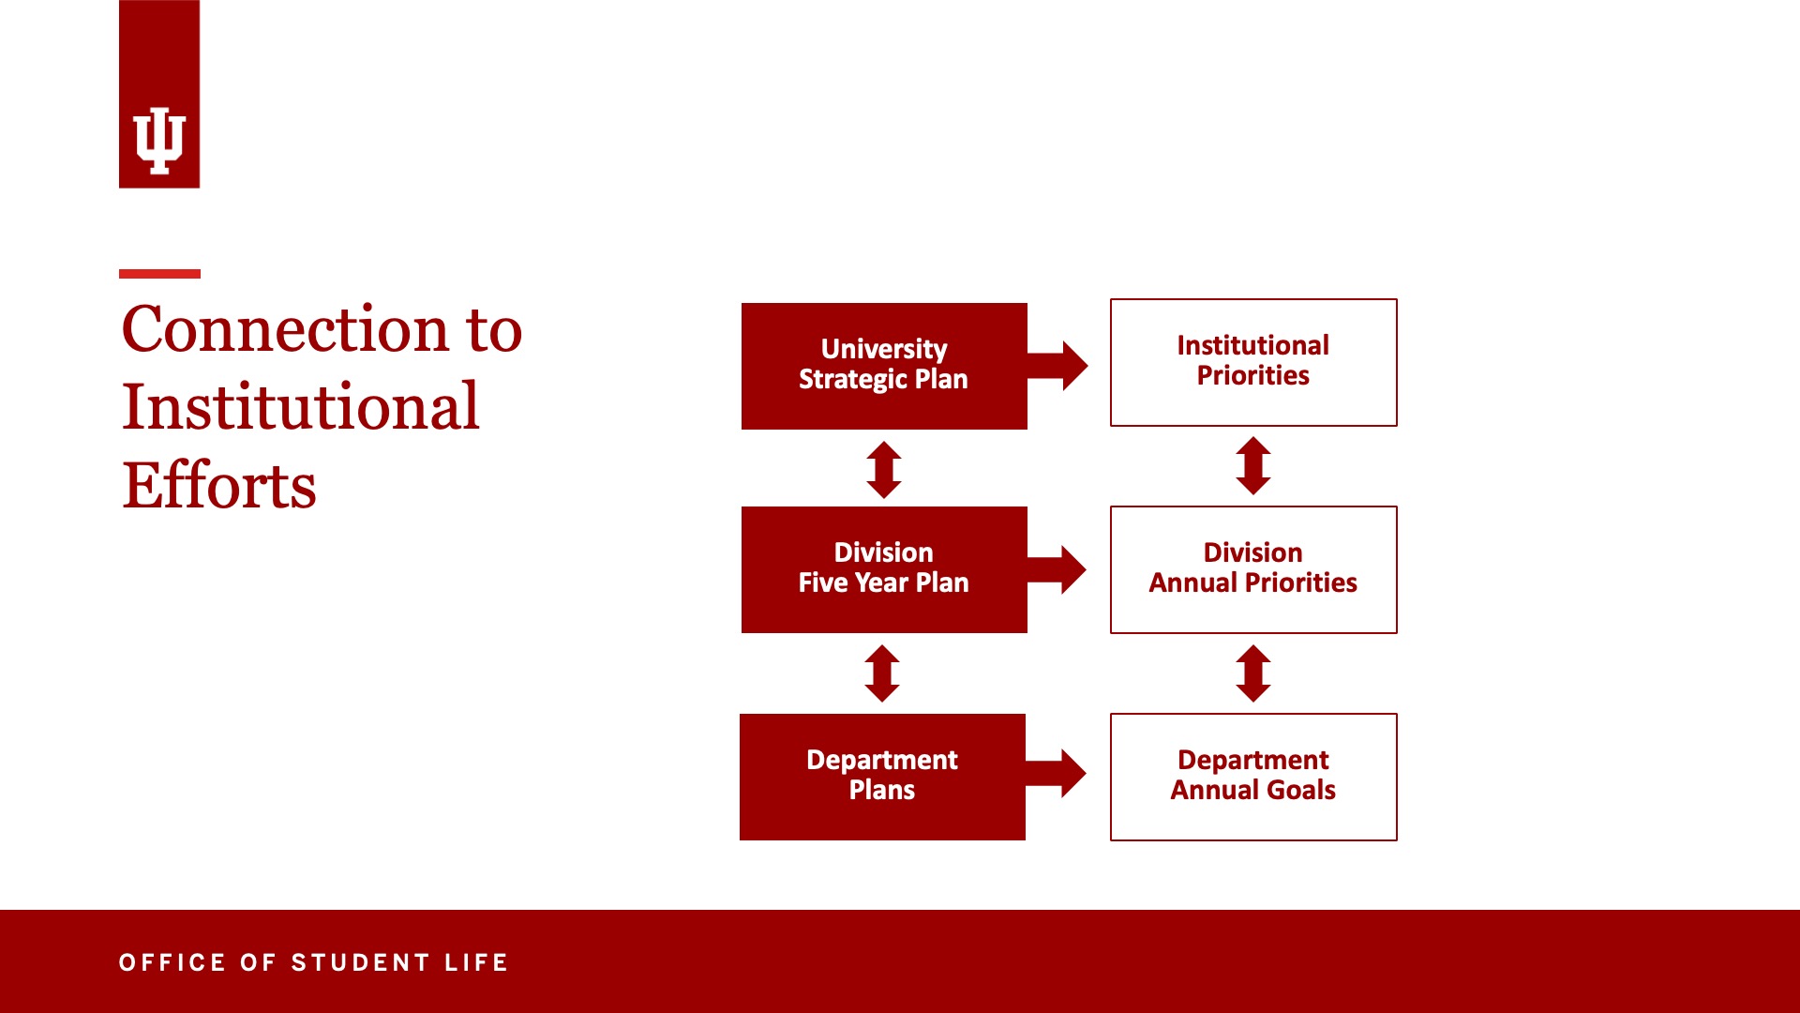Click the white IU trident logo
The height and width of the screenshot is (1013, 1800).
point(159,141)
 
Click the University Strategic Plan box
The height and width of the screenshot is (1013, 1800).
point(884,366)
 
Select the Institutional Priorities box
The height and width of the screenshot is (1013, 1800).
point(1253,362)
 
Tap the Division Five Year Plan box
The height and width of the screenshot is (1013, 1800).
point(884,569)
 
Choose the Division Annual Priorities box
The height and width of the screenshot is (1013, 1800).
point(1253,569)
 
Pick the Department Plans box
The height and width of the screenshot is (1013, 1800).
point(882,777)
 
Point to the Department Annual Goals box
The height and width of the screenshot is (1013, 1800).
point(1253,777)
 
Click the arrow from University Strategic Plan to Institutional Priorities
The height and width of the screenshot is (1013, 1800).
point(1057,366)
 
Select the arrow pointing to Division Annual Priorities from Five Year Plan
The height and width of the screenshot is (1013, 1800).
point(1057,569)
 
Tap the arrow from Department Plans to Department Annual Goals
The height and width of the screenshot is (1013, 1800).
point(1056,774)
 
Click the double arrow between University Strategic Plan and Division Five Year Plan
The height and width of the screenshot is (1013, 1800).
point(884,469)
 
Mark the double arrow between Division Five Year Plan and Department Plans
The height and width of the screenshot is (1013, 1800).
point(882,673)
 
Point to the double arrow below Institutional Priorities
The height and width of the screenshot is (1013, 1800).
point(1253,465)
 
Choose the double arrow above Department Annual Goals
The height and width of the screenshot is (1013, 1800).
point(1253,673)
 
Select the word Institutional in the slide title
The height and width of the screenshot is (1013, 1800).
point(301,407)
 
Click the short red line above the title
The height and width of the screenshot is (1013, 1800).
point(159,274)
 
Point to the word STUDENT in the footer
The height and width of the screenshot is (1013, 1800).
point(361,962)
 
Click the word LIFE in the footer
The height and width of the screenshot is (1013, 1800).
point(476,962)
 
